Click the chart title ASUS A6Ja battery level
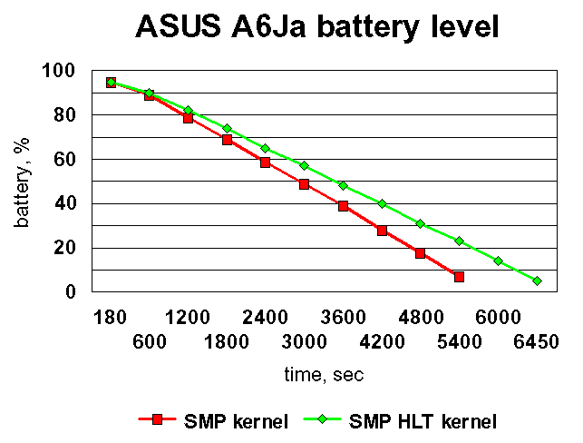317,26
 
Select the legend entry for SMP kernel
214,419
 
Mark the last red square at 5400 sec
459,276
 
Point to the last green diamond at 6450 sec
537,281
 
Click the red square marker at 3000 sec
304,184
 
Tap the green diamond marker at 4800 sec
420,223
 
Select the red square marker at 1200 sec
188,118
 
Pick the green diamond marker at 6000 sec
498,261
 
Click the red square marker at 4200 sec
382,231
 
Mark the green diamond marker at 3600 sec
343,185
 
